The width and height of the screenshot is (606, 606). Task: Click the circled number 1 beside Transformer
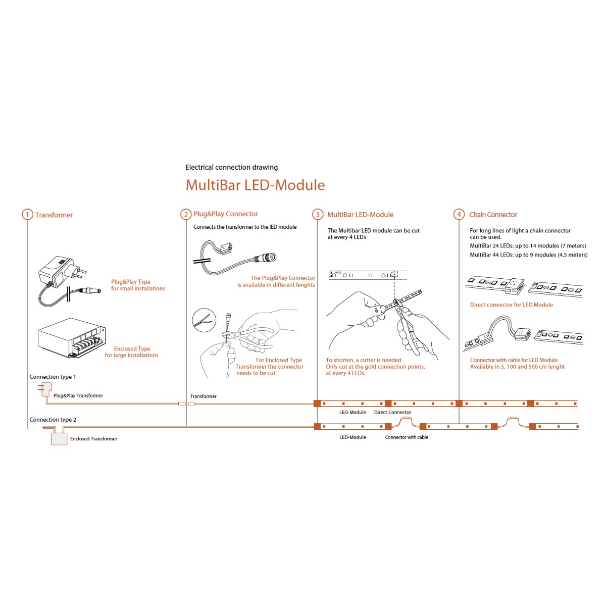coord(27,215)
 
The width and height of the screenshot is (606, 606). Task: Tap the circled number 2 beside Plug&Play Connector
coord(186,215)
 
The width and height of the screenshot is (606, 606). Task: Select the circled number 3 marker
coord(317,215)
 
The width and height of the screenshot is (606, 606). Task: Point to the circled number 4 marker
coord(459,215)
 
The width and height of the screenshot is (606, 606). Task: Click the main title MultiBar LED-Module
coord(255,185)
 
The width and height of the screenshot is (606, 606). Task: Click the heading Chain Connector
coord(493,215)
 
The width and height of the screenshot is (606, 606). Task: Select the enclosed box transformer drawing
coord(72,338)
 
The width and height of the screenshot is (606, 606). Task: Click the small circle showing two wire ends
coord(204,320)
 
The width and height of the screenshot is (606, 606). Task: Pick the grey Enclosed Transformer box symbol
coord(59,439)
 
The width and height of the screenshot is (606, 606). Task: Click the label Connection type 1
coord(53,377)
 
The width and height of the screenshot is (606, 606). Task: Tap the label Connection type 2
coord(53,420)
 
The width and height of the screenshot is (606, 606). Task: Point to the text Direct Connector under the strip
coord(392,412)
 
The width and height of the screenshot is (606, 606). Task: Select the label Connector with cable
coord(407,437)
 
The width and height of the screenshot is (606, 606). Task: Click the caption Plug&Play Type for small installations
coord(138,285)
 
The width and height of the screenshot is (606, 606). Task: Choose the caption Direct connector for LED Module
coord(511,305)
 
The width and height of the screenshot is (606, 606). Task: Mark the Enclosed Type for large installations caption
coord(131,352)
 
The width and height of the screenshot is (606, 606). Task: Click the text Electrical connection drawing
coord(231,167)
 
